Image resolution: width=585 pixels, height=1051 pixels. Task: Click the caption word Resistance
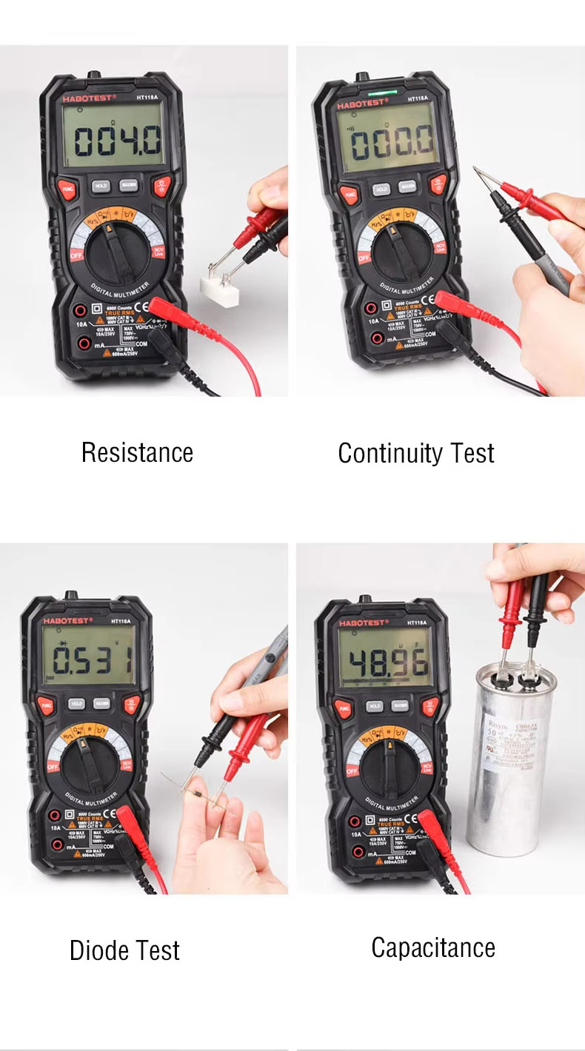click(137, 452)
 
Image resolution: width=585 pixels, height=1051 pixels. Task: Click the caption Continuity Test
click(415, 453)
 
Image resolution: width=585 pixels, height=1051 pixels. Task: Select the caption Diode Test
click(124, 950)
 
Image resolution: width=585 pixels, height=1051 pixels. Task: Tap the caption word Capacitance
click(433, 947)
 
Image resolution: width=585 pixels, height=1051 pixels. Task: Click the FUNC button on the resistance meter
click(67, 189)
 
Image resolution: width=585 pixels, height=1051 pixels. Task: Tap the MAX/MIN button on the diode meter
click(97, 704)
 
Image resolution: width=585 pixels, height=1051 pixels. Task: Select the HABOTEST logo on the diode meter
click(67, 621)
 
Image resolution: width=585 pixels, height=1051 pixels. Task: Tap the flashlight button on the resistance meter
click(161, 185)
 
